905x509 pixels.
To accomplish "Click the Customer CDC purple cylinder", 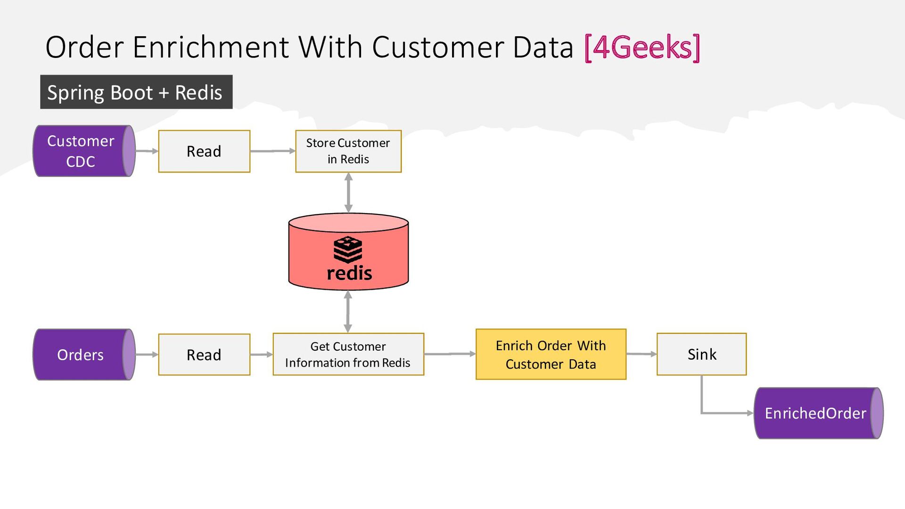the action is coord(84,151).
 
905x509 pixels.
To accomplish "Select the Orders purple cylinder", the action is coord(84,354).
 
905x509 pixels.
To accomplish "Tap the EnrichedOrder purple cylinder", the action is coord(819,413).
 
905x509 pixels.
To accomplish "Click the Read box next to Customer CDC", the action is coord(204,151).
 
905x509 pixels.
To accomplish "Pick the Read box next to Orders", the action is coord(204,354).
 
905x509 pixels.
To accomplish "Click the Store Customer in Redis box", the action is coord(348,151).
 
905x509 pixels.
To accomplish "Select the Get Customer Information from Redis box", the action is coord(348,354).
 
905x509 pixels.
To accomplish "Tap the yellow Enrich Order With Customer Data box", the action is coord(551,354).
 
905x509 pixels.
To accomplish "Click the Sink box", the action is coord(701,354).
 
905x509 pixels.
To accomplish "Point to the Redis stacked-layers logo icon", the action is coord(348,250).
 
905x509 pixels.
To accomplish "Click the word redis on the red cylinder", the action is coord(349,273).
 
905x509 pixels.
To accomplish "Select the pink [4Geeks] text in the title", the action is coord(642,47).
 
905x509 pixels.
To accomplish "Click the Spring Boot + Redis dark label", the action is coord(136,92).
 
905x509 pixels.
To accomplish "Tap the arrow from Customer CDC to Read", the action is coord(147,151).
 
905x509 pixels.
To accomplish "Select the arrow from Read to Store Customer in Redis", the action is coord(273,151).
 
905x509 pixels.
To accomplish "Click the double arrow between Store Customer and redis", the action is coord(348,193).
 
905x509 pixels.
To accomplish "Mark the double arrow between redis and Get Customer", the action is coord(348,312).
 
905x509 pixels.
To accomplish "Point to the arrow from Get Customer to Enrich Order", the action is coord(450,354).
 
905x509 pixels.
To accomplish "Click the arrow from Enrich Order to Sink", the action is coord(642,354).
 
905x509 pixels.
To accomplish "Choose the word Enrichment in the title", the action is coord(211,47).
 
